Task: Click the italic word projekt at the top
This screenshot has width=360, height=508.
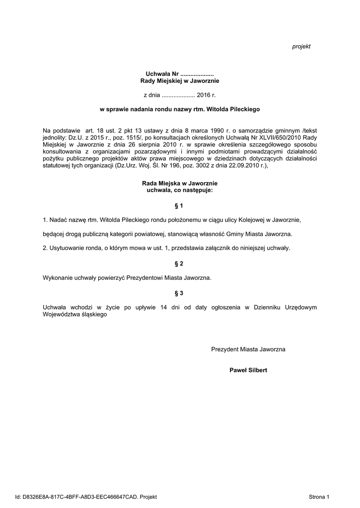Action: pos(301,46)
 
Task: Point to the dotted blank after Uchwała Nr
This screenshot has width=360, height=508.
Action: pos(197,73)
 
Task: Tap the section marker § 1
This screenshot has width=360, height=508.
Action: pos(179,205)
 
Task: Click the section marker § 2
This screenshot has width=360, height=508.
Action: pos(179,263)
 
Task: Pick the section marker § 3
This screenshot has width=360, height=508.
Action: pos(179,293)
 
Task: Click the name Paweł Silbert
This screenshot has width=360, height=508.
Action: pos(248,370)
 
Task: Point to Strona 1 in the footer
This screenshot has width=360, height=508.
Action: pos(319,496)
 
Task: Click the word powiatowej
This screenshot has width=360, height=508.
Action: pos(154,234)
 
